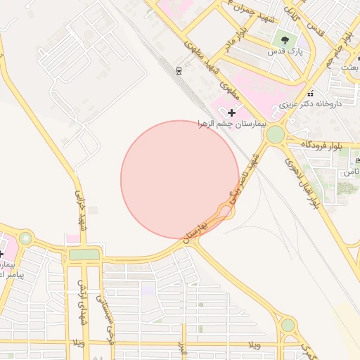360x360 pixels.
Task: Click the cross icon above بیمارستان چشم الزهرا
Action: (231, 112)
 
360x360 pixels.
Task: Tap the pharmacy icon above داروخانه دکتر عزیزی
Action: (310, 93)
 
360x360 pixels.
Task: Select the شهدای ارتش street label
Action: (81, 300)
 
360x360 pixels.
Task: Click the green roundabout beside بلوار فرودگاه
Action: (276, 134)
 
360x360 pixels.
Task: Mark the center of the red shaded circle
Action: (180, 179)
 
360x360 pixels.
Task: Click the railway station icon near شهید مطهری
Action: (179, 70)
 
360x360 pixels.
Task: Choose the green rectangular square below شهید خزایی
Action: (84, 255)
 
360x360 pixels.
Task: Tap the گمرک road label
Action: (309, 348)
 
